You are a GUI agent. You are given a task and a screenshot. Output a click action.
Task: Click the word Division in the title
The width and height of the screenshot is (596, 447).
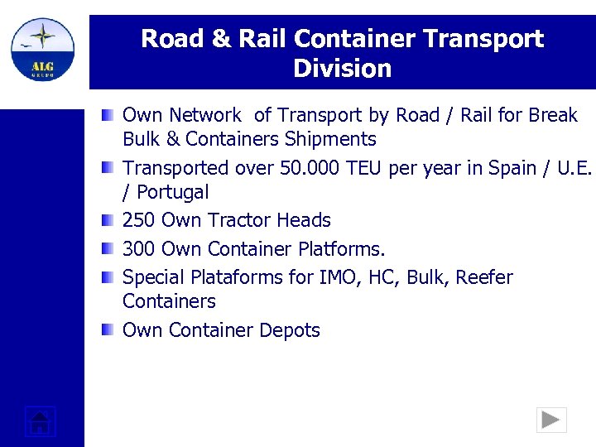(x=342, y=69)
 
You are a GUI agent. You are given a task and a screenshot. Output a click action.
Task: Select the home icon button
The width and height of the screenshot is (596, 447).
(x=40, y=421)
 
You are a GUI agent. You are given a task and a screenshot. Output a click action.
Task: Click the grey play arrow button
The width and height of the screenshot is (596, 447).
(x=550, y=421)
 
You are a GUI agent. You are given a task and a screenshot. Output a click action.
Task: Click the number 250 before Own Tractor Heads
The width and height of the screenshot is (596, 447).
(x=139, y=221)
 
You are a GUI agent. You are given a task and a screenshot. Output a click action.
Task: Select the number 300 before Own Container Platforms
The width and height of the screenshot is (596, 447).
(x=139, y=249)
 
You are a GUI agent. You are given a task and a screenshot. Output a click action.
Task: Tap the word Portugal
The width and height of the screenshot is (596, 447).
(x=173, y=193)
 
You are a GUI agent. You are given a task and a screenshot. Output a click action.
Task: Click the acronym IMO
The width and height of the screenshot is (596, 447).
(x=339, y=277)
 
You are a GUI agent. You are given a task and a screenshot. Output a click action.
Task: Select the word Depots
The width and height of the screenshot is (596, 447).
(x=289, y=330)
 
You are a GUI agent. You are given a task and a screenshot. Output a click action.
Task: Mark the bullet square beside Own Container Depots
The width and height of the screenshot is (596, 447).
(x=108, y=330)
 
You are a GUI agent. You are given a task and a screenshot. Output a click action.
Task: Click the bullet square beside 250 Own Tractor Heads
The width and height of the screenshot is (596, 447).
(x=108, y=221)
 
